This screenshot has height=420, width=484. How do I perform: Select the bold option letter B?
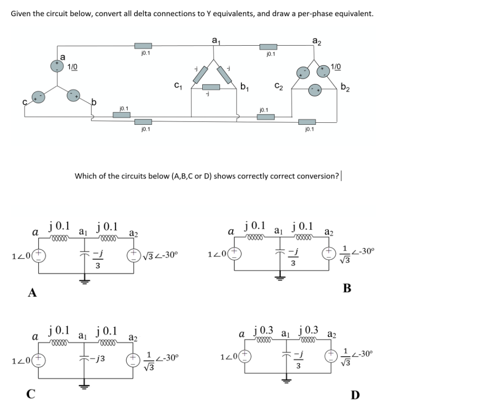click(x=347, y=288)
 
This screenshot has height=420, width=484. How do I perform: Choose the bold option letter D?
click(x=355, y=393)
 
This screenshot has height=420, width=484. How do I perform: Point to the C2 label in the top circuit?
click(x=277, y=84)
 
